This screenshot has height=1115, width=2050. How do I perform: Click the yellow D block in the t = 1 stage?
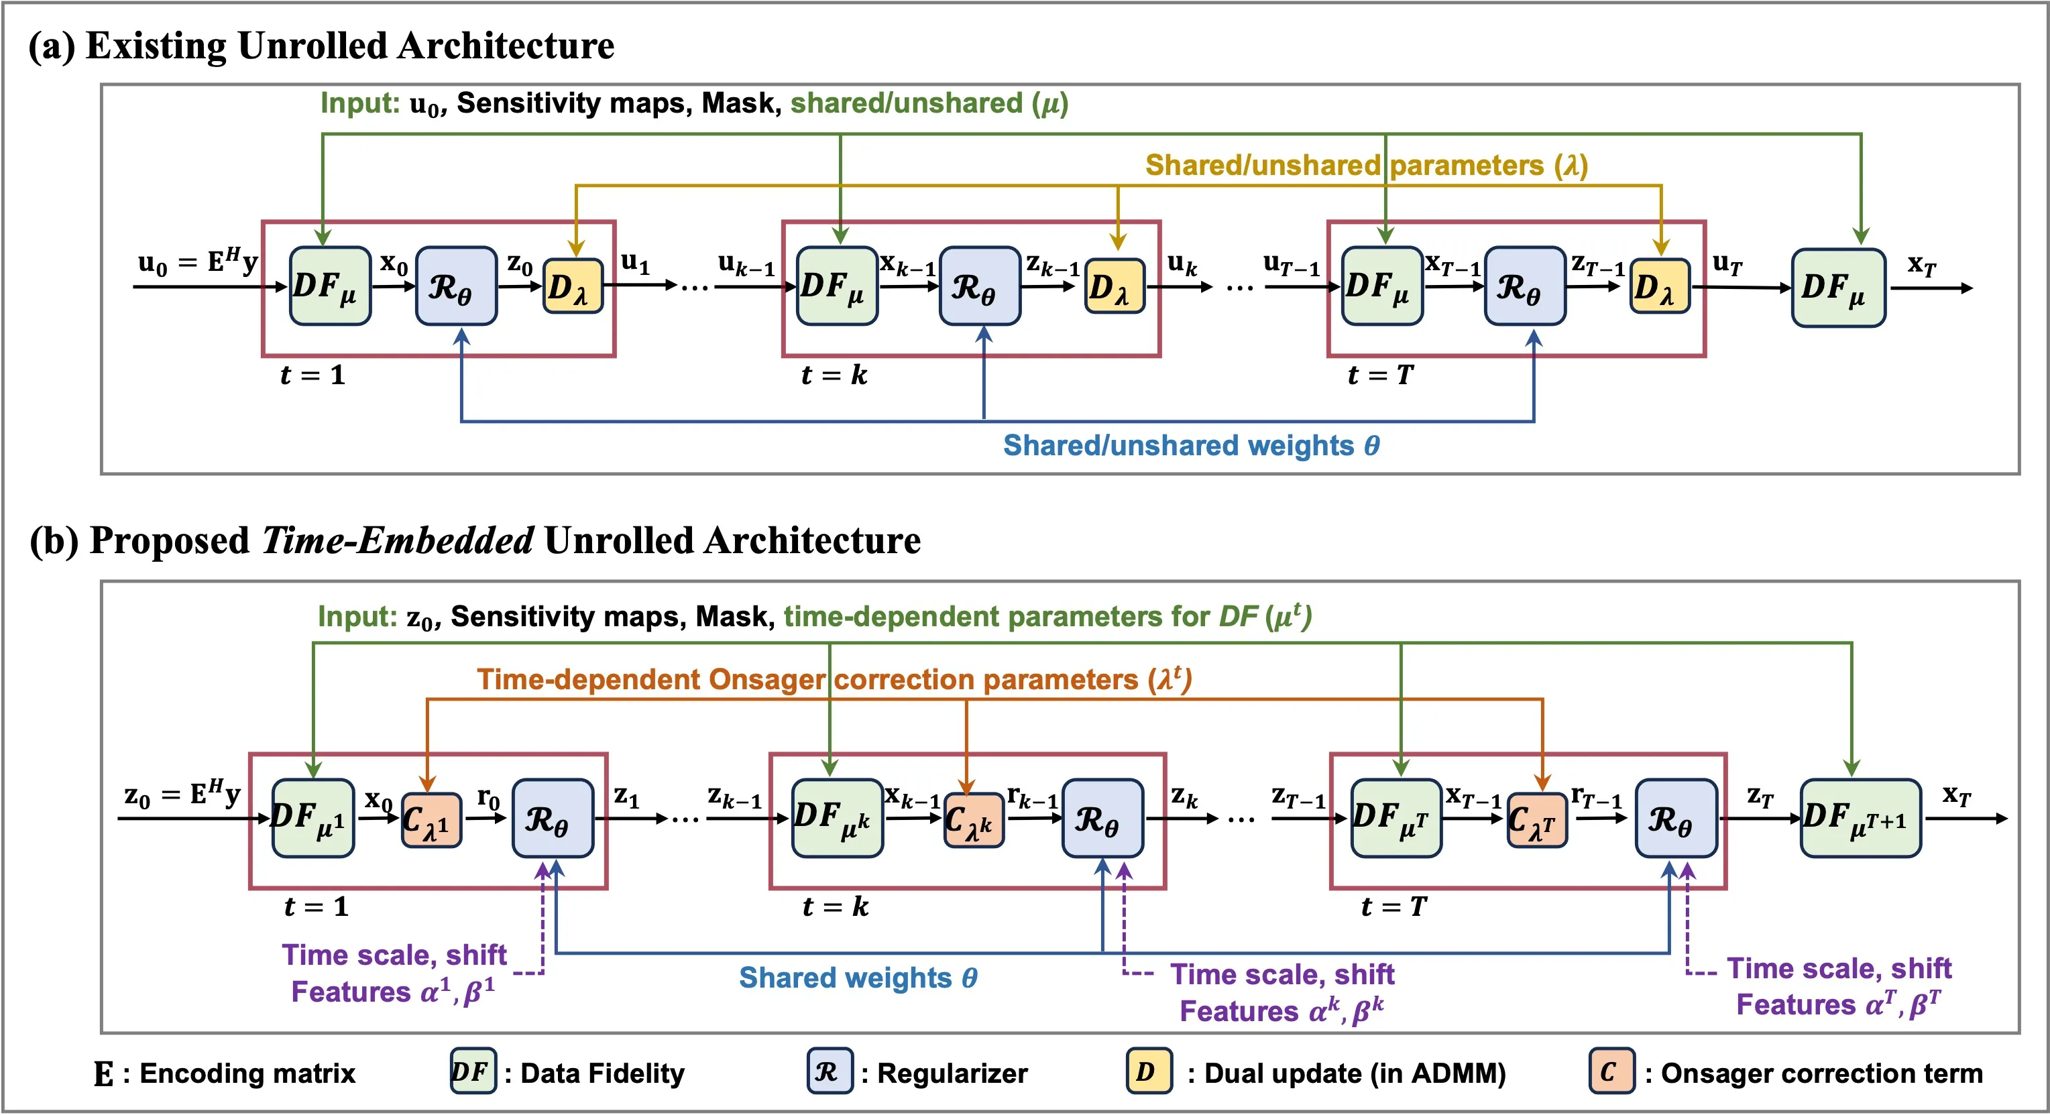tap(572, 286)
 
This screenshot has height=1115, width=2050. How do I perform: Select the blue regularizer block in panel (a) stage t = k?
tap(980, 286)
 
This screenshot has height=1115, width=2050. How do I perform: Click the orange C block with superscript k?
tap(973, 820)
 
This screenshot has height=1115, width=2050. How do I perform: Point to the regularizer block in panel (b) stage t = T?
tap(1676, 818)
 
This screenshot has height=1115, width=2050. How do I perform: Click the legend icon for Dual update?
tap(1148, 1071)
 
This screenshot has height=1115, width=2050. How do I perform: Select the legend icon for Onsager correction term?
tap(1611, 1071)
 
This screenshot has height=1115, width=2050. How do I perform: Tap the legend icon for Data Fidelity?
tap(473, 1071)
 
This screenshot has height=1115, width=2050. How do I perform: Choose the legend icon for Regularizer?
tap(830, 1071)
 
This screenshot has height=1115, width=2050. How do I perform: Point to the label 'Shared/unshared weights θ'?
tap(1190, 446)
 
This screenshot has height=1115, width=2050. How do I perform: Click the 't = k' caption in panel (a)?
tap(833, 375)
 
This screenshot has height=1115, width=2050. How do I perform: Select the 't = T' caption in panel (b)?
tap(1393, 906)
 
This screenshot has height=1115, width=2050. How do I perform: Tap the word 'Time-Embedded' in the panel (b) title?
tap(397, 540)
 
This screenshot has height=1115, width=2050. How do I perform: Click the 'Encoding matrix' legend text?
tap(247, 1073)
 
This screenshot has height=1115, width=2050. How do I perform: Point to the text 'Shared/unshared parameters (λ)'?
tap(1365, 166)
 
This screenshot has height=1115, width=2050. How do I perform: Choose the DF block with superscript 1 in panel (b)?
tap(312, 818)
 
